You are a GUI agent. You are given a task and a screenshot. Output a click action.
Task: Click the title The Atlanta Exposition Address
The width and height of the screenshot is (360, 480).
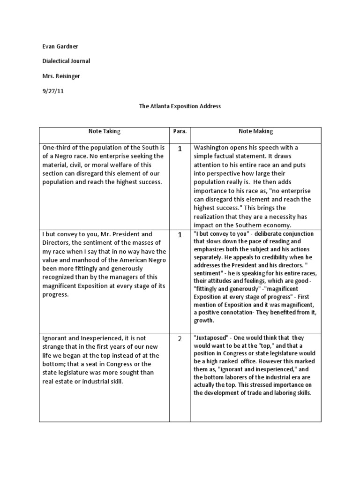pos(180,106)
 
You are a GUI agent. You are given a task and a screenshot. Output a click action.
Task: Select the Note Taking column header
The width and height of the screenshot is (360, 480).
pos(105,132)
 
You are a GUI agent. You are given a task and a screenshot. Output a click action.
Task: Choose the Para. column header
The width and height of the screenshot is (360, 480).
pos(180,132)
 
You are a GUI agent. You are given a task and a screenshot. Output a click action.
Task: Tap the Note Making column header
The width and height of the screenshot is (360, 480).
pos(255,132)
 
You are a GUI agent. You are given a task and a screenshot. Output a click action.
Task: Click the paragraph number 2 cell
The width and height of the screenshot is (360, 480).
pos(180,339)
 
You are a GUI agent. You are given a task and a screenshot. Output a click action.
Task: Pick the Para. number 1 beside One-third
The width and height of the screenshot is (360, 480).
pos(180,149)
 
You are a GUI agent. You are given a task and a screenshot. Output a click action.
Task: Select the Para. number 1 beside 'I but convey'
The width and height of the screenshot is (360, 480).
pos(180,235)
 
